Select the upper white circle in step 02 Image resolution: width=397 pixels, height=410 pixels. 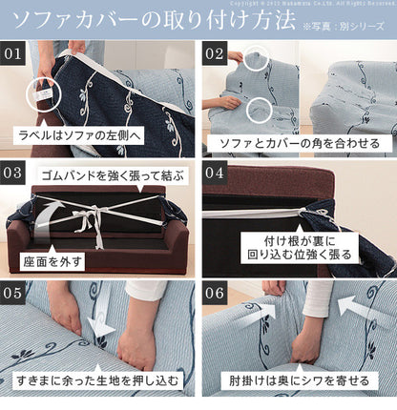256,62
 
